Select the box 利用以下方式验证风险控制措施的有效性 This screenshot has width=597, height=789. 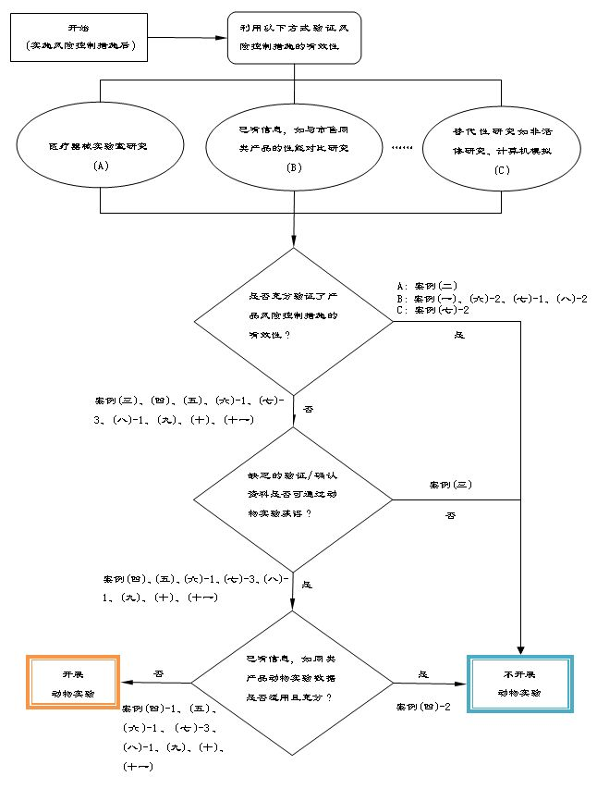click(x=294, y=38)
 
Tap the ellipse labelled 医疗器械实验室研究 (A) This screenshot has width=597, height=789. click(x=102, y=154)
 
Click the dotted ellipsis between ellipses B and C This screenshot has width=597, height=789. click(x=402, y=148)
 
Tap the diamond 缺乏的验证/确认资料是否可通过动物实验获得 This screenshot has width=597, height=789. click(x=294, y=501)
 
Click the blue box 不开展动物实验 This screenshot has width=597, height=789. click(x=520, y=683)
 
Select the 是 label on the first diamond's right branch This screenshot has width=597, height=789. click(x=459, y=335)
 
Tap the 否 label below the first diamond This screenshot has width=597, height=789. click(x=308, y=408)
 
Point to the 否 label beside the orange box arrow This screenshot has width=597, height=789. click(x=158, y=674)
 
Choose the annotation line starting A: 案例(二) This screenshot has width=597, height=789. click(x=420, y=286)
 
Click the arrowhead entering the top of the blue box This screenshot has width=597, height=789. click(x=520, y=650)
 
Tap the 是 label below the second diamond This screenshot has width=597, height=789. click(x=307, y=585)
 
